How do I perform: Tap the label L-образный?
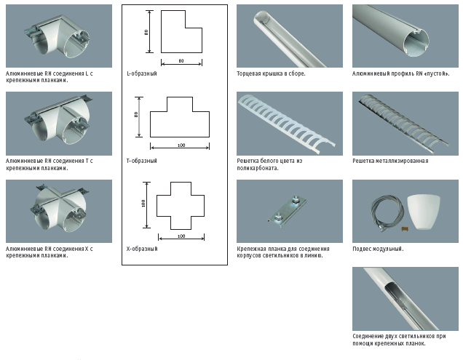tap(142, 73)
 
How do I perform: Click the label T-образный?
tap(142, 161)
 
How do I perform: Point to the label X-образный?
tap(142, 249)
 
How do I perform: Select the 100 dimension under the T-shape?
tap(181, 145)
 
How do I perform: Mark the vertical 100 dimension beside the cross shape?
tap(145, 202)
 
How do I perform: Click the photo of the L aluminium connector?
tap(59, 36)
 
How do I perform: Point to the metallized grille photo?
tap(405, 123)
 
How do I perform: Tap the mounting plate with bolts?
tap(288, 211)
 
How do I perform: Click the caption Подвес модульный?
tap(378, 249)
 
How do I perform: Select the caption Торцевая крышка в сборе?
tap(271, 73)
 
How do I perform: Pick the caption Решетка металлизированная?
tap(390, 161)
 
